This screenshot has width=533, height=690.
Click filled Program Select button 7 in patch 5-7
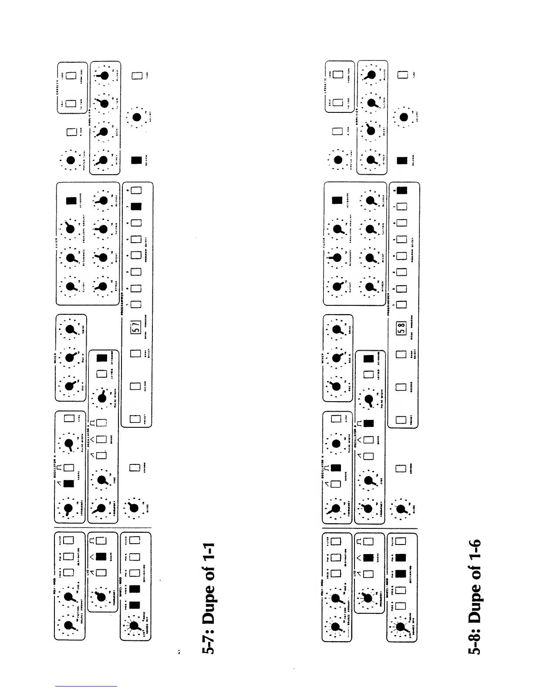point(136,206)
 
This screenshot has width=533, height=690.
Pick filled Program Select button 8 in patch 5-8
point(402,190)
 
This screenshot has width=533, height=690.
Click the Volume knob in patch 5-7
point(137,117)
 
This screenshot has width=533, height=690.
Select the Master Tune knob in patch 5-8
point(337,160)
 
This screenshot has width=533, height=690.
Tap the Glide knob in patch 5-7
point(135,507)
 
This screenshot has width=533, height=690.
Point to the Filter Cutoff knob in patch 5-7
point(70,287)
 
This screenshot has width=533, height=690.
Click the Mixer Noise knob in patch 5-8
point(337,330)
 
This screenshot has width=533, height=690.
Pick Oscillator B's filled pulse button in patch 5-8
point(368,423)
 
